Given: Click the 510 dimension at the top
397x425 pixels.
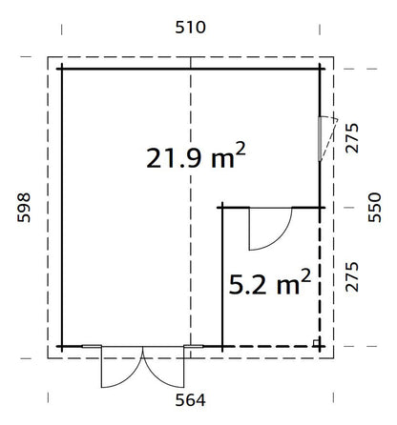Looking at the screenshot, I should click(191, 28).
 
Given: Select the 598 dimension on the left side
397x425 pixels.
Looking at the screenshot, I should click(25, 207).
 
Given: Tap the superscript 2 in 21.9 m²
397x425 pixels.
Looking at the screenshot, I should click(240, 148).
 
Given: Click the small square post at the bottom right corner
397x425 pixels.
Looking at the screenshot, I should click(315, 340).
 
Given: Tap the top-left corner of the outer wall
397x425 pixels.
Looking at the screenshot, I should click(62, 69).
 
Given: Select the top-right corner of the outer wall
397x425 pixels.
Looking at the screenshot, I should click(320, 69).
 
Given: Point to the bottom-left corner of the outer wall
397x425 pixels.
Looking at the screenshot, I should click(62, 345).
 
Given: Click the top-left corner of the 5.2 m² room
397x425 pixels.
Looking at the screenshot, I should click(222, 207).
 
